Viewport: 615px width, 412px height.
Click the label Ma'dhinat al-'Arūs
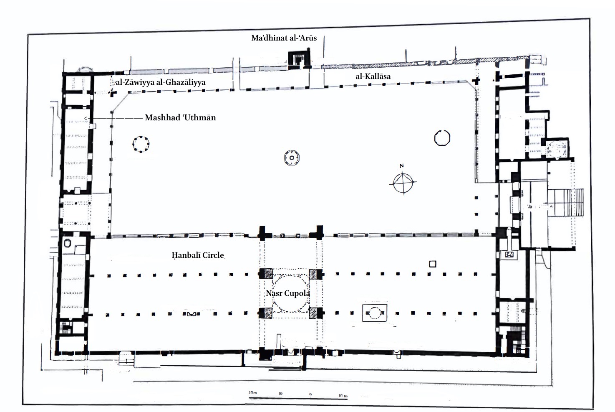(x=284, y=38)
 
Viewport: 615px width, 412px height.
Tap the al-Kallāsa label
(x=373, y=76)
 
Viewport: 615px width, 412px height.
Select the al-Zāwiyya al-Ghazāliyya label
(x=161, y=82)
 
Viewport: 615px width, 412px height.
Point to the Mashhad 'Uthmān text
(x=180, y=118)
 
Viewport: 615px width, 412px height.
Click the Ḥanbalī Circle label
(x=198, y=255)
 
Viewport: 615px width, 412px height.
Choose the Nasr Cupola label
(x=288, y=293)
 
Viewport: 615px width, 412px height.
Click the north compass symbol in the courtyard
(x=403, y=182)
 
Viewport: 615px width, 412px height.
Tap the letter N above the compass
(x=402, y=166)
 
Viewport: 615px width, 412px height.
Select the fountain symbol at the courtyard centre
(x=292, y=158)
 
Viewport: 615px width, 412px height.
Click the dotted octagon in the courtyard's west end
(x=141, y=144)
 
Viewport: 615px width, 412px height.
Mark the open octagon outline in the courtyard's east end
(x=442, y=138)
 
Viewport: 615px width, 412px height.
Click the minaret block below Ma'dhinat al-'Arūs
(x=300, y=59)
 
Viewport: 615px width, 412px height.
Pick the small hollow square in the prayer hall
(x=433, y=264)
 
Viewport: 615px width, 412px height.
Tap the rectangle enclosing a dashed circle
(x=375, y=313)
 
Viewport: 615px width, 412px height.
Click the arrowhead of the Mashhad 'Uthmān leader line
(x=86, y=119)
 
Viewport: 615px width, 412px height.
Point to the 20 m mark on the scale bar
(x=252, y=393)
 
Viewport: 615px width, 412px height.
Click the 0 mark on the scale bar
(x=310, y=394)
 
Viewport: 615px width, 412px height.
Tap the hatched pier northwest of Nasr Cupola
(x=266, y=274)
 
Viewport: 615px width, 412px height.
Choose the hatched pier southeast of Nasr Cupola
(x=314, y=313)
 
